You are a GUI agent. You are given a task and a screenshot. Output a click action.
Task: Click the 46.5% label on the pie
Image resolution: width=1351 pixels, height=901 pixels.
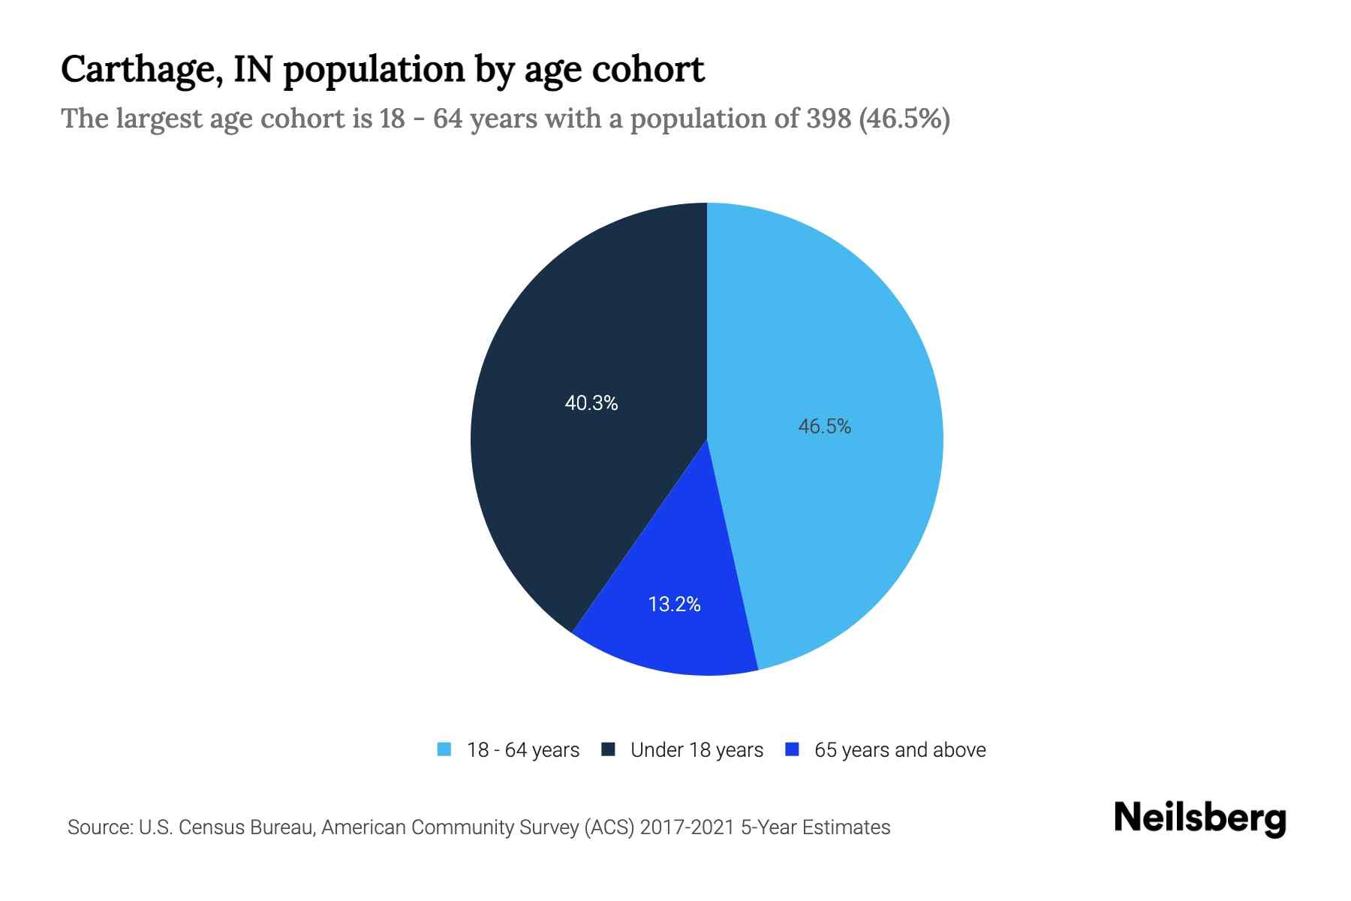824,426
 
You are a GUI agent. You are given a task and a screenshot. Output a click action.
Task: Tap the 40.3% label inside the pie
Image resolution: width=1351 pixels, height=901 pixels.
591,404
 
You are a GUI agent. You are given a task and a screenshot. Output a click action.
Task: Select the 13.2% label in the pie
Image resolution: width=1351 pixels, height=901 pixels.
674,604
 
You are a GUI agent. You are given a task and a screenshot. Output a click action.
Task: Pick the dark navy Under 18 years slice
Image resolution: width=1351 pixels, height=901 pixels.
570,488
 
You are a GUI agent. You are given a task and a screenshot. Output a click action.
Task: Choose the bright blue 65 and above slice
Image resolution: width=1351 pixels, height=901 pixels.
675,638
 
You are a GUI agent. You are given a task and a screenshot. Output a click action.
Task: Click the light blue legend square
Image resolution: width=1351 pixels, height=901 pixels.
444,749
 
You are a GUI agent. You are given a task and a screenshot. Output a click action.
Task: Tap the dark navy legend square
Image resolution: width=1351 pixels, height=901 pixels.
608,749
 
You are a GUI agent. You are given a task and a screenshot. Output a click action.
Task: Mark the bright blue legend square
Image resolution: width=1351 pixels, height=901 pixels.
791,749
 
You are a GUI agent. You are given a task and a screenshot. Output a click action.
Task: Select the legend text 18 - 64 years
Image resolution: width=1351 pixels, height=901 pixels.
523,750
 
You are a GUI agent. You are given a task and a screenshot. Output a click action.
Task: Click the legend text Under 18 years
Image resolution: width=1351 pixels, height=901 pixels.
697,750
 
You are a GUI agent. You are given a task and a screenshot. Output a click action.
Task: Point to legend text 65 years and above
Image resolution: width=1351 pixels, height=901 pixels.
900,750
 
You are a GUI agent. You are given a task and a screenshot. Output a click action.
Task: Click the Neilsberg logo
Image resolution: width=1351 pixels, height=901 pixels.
1199,818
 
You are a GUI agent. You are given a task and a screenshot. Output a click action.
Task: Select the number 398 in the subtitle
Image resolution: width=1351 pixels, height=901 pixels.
829,119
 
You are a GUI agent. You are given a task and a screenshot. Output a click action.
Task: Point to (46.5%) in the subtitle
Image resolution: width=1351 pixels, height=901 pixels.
904,119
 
